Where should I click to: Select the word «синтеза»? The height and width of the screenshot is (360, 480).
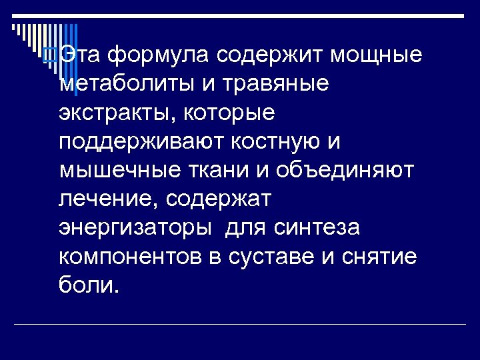coord(316,227)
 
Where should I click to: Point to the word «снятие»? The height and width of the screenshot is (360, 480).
coord(377,256)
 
